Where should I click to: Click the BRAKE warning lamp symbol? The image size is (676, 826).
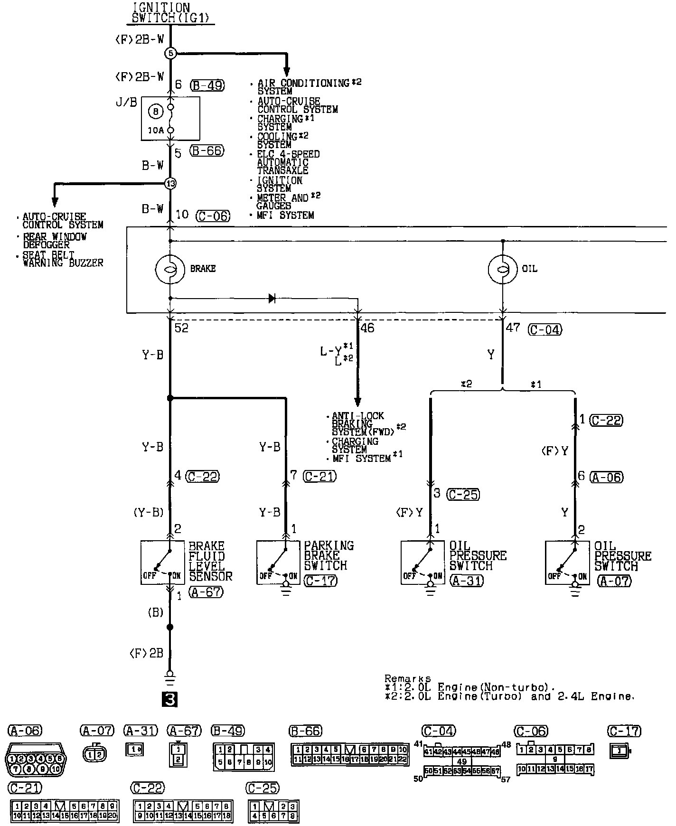170,269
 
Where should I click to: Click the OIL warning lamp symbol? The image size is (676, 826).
503,269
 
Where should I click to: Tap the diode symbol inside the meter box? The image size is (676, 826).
272,298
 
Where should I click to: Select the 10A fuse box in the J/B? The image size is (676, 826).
170,118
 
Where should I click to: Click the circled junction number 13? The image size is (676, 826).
170,183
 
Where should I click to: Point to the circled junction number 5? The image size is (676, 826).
170,53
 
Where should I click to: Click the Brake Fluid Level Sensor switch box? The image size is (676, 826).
162,562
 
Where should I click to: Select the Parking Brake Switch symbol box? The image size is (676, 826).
278,562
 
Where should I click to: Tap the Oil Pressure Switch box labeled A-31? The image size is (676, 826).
422,562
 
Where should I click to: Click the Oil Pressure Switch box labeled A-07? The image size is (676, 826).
567,562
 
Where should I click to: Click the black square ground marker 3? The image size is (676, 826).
169,699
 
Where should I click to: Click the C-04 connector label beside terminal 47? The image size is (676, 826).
545,329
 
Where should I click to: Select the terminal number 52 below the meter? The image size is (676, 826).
181,328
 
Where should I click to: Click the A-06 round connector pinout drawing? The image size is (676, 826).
36,759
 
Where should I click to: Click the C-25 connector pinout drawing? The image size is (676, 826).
273,811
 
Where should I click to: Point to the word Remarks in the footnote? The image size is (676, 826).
407,678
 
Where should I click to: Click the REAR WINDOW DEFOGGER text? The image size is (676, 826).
55,240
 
